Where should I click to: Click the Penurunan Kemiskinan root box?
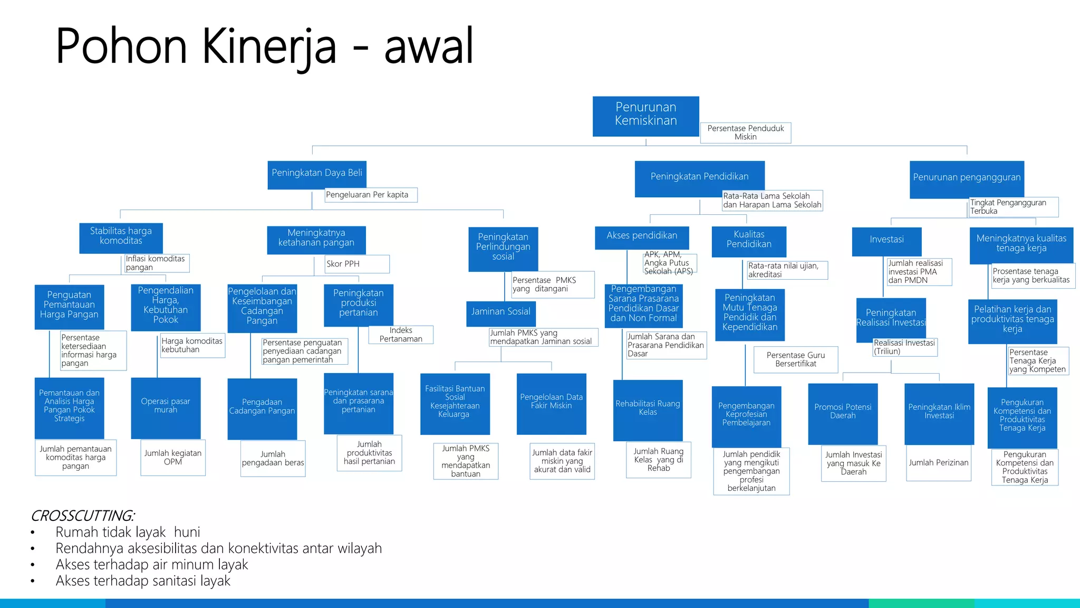pyautogui.click(x=645, y=116)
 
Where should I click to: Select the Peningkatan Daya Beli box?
pyautogui.click(x=316, y=174)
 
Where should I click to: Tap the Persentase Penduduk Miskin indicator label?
pyautogui.click(x=745, y=132)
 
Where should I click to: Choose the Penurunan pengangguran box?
pyautogui.click(x=966, y=179)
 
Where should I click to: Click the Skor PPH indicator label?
pyautogui.click(x=356, y=264)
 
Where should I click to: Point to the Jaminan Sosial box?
pyautogui.click(x=500, y=313)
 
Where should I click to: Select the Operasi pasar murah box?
pyautogui.click(x=166, y=407)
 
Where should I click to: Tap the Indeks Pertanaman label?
pyautogui.click(x=401, y=335)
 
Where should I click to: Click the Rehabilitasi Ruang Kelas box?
pyautogui.click(x=648, y=409)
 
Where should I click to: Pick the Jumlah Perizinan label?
pyautogui.click(x=938, y=463)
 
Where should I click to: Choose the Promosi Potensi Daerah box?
pyautogui.click(x=843, y=413)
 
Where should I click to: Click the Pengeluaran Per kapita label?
pyautogui.click(x=370, y=195)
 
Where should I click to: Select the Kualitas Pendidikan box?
pyautogui.click(x=749, y=241)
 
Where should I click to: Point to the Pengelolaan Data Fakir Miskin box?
pyautogui.click(x=551, y=403)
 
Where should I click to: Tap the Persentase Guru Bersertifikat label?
pyautogui.click(x=795, y=359)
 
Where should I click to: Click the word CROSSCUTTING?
pyautogui.click(x=82, y=516)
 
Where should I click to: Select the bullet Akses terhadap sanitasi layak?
pyautogui.click(x=143, y=581)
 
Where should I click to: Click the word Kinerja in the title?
pyautogui.click(x=269, y=47)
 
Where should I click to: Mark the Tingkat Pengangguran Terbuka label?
pyautogui.click(x=1012, y=207)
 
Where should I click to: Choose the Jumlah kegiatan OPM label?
pyautogui.click(x=173, y=458)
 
